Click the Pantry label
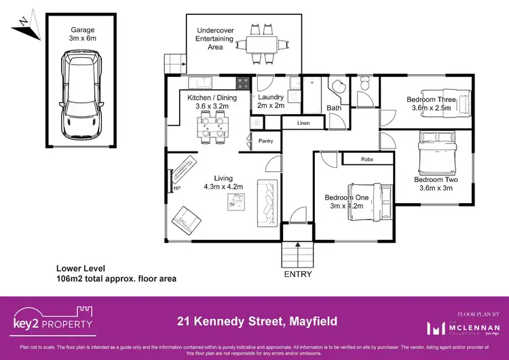[265, 141]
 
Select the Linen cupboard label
[303, 123]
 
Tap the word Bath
[334, 108]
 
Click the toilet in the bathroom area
[365, 86]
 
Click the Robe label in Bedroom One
[367, 158]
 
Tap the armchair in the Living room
[187, 219]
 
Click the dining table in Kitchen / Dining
[211, 125]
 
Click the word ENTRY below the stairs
[297, 274]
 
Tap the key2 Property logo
[53, 323]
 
